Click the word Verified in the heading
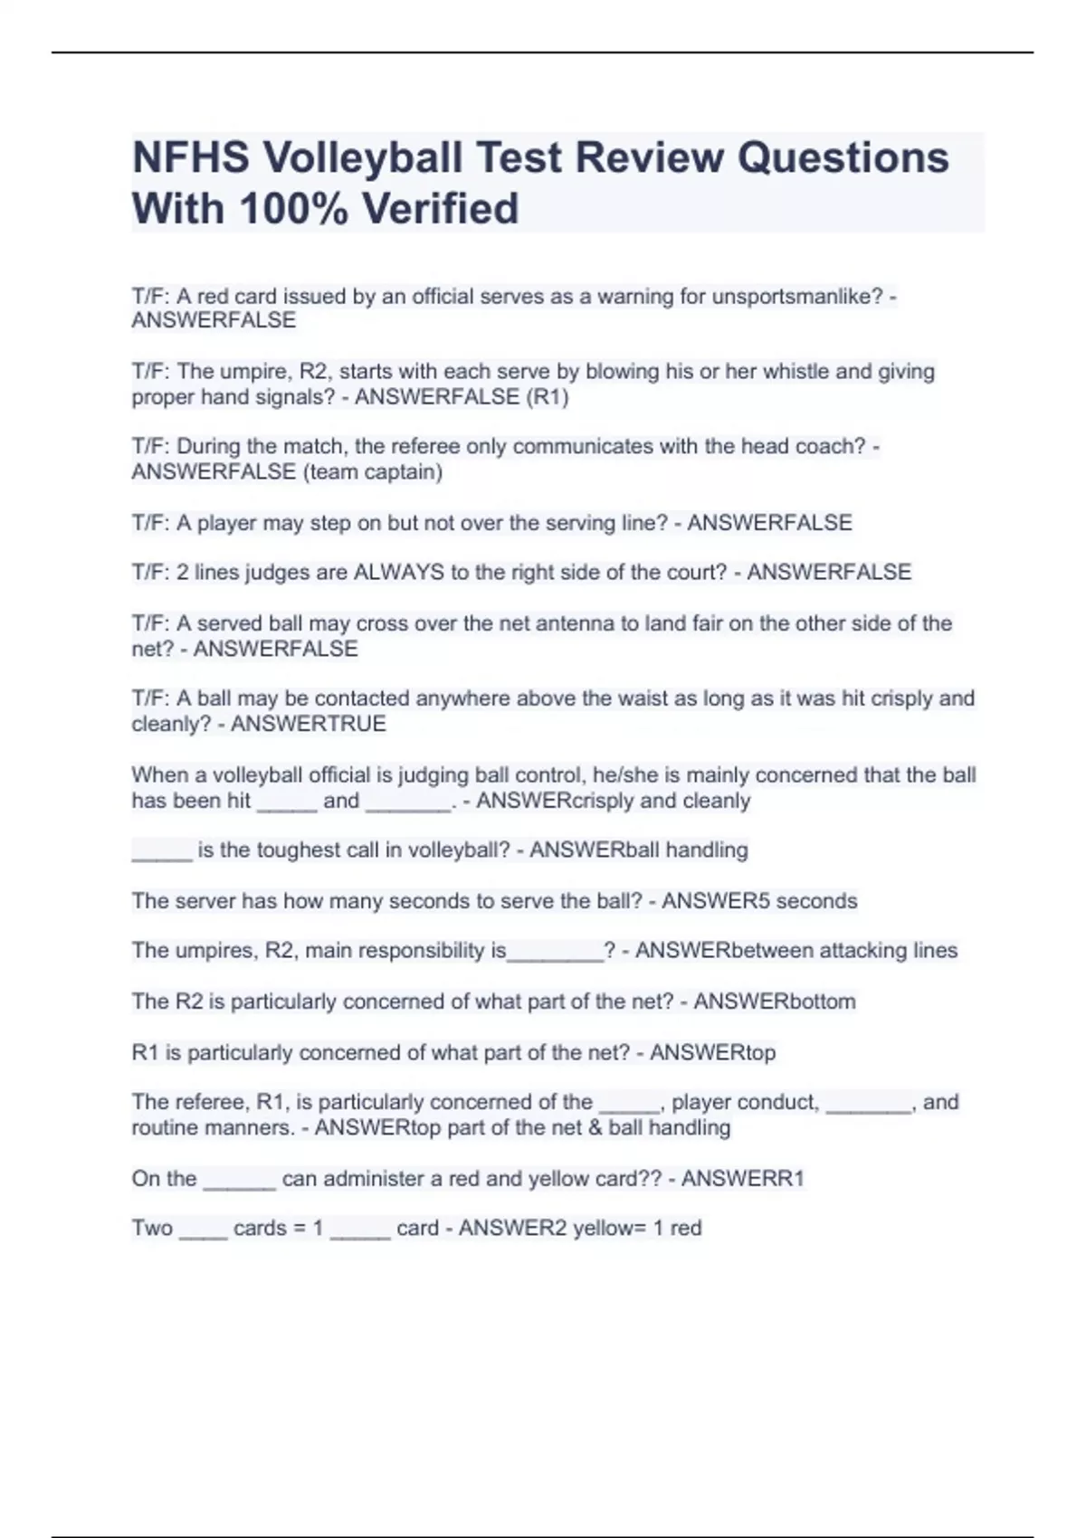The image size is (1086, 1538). pos(441,209)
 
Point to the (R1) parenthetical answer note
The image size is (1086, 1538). pos(548,397)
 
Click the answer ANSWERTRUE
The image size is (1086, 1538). pos(309,724)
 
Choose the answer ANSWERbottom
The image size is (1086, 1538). pos(775,1002)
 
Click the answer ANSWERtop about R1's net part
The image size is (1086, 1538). pos(712,1052)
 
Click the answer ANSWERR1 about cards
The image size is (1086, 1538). pos(742,1179)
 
